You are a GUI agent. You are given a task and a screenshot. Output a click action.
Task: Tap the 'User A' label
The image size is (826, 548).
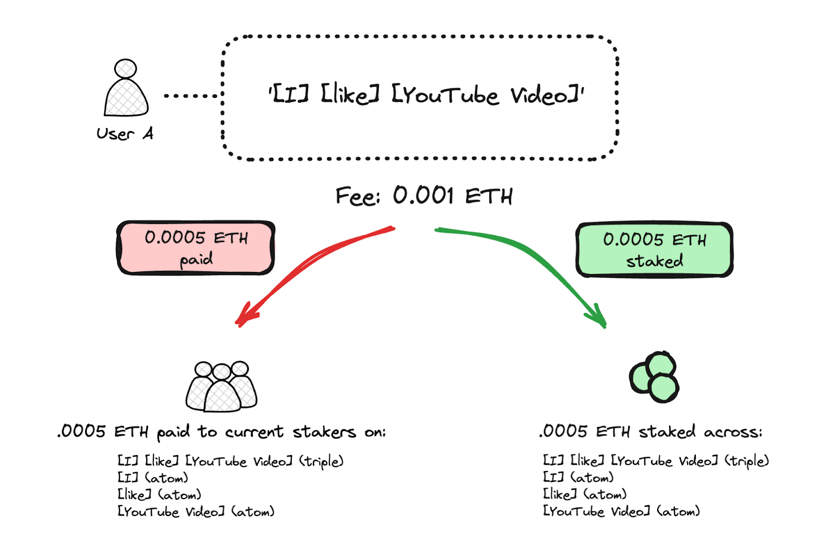[125, 134]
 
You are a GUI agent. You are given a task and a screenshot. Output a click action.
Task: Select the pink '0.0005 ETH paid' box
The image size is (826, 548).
[196, 248]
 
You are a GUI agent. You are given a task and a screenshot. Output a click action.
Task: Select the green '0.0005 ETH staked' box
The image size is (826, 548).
[654, 250]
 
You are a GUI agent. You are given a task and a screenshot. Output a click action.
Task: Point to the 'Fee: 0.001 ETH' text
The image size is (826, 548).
[423, 196]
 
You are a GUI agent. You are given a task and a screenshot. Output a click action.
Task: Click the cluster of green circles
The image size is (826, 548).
[654, 377]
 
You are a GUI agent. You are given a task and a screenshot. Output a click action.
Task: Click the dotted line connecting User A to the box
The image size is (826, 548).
[191, 95]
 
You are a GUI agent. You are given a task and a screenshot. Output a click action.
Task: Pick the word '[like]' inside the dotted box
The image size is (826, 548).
[351, 95]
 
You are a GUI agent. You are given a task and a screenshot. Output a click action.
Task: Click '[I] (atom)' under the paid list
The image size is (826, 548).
[153, 478]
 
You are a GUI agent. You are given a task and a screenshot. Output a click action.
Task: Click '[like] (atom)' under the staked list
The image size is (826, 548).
[584, 494]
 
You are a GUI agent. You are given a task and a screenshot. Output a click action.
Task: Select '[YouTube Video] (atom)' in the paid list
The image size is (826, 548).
[196, 512]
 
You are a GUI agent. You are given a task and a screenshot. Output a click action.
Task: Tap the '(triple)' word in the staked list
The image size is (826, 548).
[746, 461]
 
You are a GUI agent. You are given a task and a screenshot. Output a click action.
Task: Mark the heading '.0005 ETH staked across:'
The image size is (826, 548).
[650, 431]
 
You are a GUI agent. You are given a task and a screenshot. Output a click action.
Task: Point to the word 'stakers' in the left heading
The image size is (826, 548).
[324, 432]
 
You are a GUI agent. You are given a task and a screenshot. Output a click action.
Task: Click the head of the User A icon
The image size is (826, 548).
[125, 68]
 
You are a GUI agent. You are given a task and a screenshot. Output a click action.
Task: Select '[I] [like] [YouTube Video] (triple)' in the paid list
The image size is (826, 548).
[230, 461]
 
